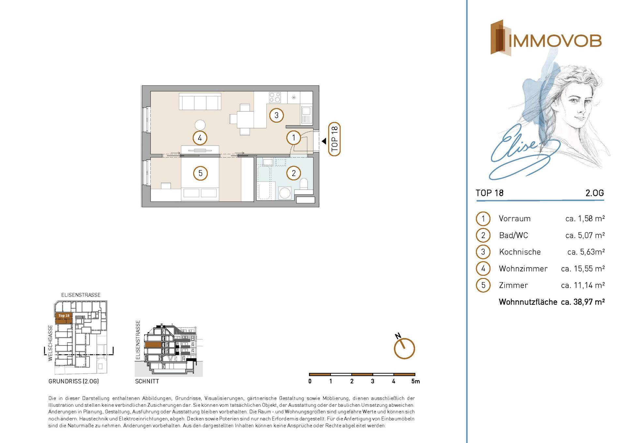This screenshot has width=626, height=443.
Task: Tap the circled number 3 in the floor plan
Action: pyautogui.click(x=276, y=115)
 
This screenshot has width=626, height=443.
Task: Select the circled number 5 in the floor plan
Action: pyautogui.click(x=200, y=173)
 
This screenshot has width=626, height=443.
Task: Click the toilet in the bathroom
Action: pyautogui.click(x=304, y=185)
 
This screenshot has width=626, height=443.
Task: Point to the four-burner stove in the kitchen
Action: pyautogui.click(x=275, y=97)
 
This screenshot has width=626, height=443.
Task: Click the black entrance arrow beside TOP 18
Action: pyautogui.click(x=324, y=141)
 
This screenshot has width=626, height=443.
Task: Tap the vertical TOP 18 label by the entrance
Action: pyautogui.click(x=334, y=139)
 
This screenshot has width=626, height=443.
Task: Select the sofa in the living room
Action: pyautogui.click(x=200, y=101)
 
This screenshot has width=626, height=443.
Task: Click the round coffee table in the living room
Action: pyautogui.click(x=200, y=125)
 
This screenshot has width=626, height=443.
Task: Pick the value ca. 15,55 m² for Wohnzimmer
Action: pyautogui.click(x=583, y=268)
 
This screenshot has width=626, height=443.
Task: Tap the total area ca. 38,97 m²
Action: pyautogui.click(x=583, y=302)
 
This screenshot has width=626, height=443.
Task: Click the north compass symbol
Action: pyautogui.click(x=404, y=347)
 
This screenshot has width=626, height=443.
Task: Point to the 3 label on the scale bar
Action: pyautogui.click(x=373, y=381)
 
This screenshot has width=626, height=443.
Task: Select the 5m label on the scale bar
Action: pyautogui.click(x=416, y=381)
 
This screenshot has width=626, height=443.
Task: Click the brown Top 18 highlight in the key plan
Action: pyautogui.click(x=64, y=318)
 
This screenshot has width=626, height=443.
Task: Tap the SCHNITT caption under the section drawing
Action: pyautogui.click(x=147, y=381)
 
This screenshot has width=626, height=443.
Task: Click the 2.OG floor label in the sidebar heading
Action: pyautogui.click(x=595, y=193)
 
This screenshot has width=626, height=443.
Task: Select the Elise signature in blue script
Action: pyautogui.click(x=522, y=153)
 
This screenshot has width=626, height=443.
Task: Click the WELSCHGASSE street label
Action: pyautogui.click(x=50, y=343)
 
